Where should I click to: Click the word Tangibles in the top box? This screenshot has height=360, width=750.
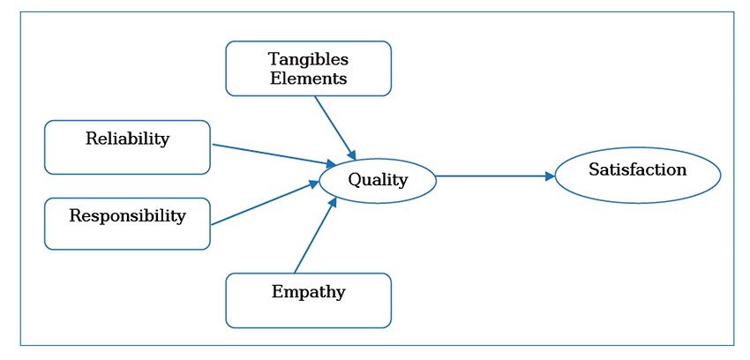click(308, 60)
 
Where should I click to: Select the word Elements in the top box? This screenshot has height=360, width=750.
click(308, 79)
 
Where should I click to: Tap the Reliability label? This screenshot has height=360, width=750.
click(127, 139)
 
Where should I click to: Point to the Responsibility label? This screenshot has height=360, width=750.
click(127, 215)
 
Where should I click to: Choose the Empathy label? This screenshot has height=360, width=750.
click(308, 291)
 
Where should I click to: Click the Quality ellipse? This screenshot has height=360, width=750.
click(378, 181)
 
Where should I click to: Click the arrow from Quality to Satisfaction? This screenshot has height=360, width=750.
click(494, 176)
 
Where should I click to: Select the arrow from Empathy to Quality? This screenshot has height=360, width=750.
click(314, 236)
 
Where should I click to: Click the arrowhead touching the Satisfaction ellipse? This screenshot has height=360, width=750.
click(550, 176)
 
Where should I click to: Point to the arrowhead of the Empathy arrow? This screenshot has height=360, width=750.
click(333, 203)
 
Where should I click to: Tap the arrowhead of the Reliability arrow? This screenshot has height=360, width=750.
click(330, 164)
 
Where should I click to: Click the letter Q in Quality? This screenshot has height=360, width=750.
click(354, 180)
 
